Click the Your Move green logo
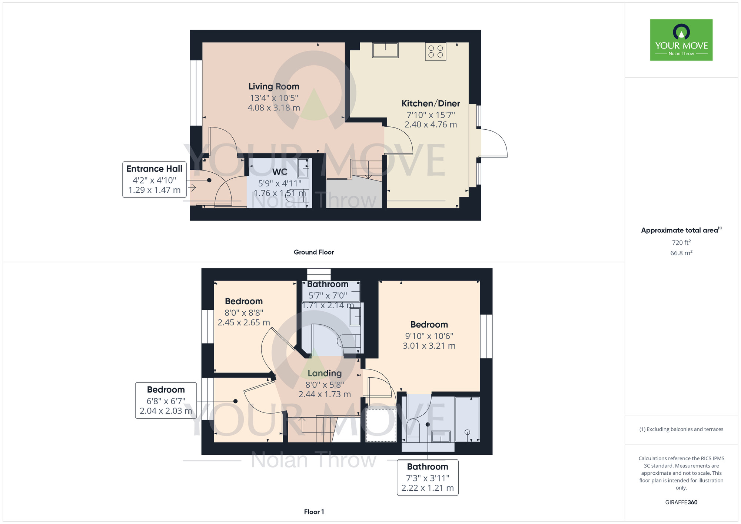point(681,40)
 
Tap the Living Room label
point(274,86)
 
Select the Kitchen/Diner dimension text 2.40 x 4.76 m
point(431,125)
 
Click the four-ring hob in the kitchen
point(435,52)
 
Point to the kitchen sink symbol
point(385,50)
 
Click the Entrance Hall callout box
point(154,179)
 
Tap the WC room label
point(280,172)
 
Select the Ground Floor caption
point(314,252)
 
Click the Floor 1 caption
point(314,512)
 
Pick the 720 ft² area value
point(681,242)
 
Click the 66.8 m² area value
point(681,253)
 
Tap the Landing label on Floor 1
point(325,373)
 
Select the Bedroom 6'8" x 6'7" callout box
point(166,400)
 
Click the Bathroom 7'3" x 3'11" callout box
point(428,477)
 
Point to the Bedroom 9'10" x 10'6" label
point(429,325)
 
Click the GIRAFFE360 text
point(681,503)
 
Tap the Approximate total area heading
point(681,230)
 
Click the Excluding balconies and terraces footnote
point(681,429)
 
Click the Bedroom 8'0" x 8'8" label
point(244,301)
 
